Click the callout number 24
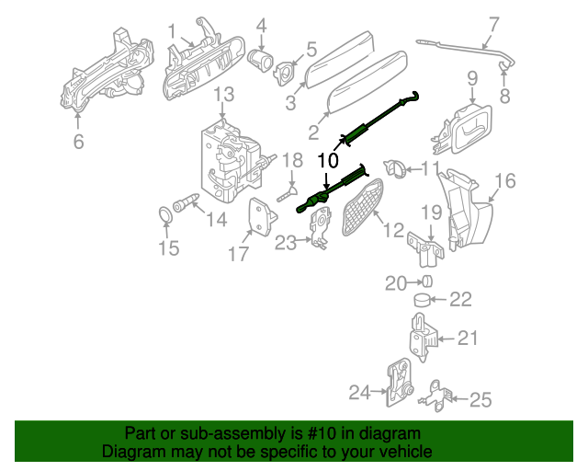pos(360,393)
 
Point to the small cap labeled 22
pos(422,300)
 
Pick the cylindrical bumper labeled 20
pos(426,281)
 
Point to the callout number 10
pos(328,160)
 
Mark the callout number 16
pos(506,179)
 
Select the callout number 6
pos(78,141)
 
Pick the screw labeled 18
pos(285,193)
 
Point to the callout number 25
pos(481,399)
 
